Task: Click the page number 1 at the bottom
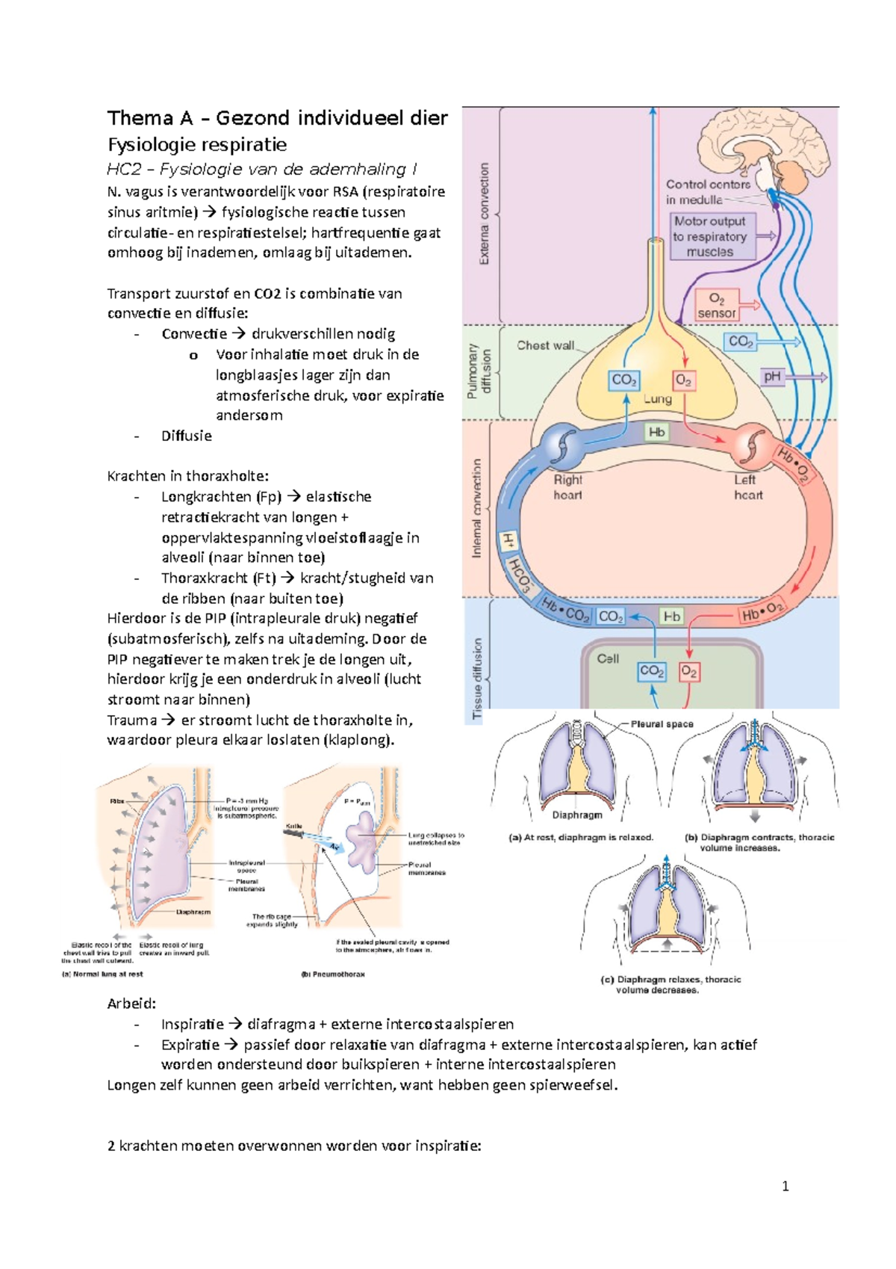point(785,1186)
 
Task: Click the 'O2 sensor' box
point(717,306)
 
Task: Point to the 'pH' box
point(772,377)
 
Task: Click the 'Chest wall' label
point(546,345)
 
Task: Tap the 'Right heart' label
point(567,487)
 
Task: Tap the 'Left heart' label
point(747,487)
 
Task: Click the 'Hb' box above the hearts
point(657,432)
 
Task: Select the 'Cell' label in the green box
point(608,658)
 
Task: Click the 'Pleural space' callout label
point(662,724)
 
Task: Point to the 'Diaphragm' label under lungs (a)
point(577,815)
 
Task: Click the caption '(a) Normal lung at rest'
point(102,975)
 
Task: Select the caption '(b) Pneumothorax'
point(333,975)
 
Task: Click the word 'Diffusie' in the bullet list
point(187,436)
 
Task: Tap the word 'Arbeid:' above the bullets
point(132,1004)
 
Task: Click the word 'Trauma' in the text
point(132,720)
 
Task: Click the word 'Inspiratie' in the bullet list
point(193,1025)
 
